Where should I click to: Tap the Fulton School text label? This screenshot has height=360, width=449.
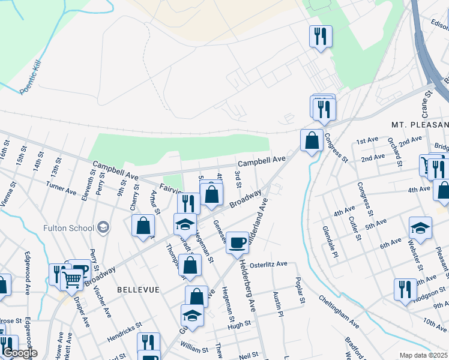(x=68, y=228)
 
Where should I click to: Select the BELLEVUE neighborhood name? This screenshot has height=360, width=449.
(x=139, y=290)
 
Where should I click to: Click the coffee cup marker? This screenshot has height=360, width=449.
(x=238, y=242)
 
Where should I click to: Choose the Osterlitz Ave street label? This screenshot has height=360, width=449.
(x=268, y=264)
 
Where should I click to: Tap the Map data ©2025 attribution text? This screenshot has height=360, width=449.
(x=423, y=355)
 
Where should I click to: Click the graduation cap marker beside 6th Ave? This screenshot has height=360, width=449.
(x=420, y=227)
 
